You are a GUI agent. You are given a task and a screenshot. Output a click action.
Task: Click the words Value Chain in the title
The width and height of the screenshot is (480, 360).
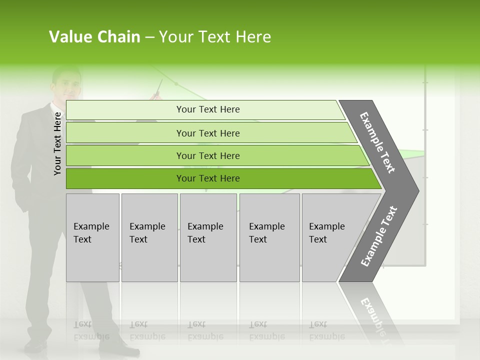[x=94, y=37]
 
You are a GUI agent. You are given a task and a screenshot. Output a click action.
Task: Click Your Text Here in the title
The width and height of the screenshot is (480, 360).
[x=214, y=37]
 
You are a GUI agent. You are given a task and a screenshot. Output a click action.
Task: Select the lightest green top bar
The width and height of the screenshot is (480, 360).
[x=207, y=109]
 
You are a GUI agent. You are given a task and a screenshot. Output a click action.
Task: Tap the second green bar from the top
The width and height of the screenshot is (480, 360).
[x=207, y=133]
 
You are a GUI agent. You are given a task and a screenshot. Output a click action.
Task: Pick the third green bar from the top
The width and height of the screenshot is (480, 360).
[x=207, y=155]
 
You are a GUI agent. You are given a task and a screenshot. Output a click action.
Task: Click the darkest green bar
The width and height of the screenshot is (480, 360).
[x=207, y=178]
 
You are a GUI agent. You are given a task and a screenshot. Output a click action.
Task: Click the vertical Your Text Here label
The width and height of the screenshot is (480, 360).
[x=58, y=143]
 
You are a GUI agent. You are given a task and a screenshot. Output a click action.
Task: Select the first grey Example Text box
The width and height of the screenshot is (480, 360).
[x=92, y=237]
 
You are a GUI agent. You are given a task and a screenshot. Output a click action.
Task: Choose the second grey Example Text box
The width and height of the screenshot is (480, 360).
[x=149, y=237]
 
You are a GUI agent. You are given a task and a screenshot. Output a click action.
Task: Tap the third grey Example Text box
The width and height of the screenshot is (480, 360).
[x=207, y=237]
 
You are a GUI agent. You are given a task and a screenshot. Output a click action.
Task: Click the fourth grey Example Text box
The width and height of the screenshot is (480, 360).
[x=269, y=237]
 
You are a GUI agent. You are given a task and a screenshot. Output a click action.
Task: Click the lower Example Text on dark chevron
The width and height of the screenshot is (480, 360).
[x=378, y=236]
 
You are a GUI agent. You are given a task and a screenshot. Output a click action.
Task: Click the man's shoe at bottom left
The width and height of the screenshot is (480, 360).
[x=36, y=345]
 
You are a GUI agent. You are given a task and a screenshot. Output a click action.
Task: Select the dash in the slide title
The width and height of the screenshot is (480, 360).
[x=149, y=37]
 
